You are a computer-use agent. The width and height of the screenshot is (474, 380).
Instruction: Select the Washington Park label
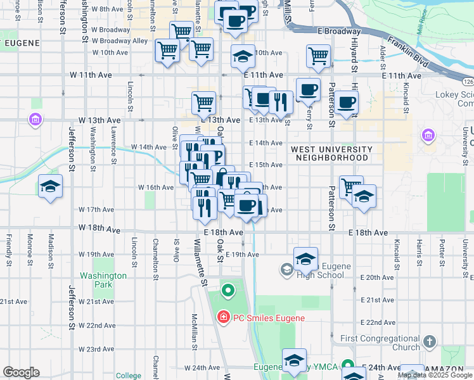pyautogui.click(x=104, y=280)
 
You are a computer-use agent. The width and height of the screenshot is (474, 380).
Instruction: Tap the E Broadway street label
pyautogui.click(x=339, y=31)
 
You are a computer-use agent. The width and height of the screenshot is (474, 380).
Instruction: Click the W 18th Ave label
pyautogui.click(x=99, y=228)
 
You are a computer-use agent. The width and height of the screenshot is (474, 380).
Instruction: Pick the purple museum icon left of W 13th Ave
pyautogui.click(x=35, y=119)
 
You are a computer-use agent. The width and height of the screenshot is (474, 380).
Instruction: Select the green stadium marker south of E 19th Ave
pyautogui.click(x=228, y=291)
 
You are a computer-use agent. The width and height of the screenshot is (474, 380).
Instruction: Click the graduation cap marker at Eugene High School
pyautogui.click(x=305, y=258)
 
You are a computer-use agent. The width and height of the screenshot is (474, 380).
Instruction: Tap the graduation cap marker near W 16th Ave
pyautogui.click(x=50, y=187)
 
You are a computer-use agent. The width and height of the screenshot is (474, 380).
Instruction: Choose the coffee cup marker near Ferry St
pyautogui.click(x=308, y=91)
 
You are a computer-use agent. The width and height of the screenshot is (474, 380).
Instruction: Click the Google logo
pyautogui.click(x=21, y=373)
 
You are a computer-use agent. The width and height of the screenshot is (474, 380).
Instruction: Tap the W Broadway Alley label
pyautogui.click(x=120, y=41)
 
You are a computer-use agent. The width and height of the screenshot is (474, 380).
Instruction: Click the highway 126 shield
pyautogui.click(x=468, y=82)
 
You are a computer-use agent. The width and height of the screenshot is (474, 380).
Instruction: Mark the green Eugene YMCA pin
pyautogui.click(x=347, y=365)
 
